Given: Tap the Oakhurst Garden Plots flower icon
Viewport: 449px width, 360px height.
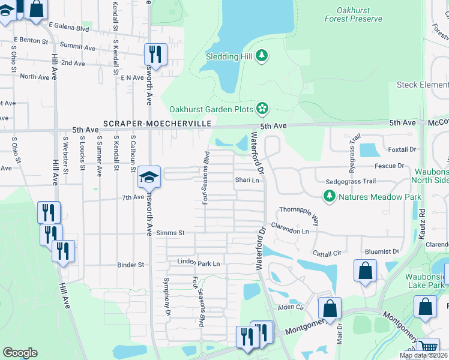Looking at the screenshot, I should click(262, 109).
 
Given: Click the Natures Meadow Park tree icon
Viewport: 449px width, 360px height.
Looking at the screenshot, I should click(329, 196).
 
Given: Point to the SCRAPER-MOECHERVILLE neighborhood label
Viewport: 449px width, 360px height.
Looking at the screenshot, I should click(157, 123).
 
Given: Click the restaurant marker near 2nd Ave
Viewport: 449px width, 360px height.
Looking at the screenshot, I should click(155, 54).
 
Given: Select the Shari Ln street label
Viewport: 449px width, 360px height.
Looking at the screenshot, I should click(247, 180).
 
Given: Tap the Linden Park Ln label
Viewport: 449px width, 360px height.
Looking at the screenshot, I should click(198, 263).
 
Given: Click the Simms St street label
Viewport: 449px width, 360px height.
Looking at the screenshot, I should click(169, 233).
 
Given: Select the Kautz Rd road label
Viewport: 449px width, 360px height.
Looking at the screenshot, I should click(421, 222).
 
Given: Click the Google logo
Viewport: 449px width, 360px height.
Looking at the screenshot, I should click(20, 353).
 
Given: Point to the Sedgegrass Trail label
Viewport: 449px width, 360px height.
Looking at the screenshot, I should click(350, 181).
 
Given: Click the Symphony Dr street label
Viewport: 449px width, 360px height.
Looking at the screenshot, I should click(167, 297).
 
